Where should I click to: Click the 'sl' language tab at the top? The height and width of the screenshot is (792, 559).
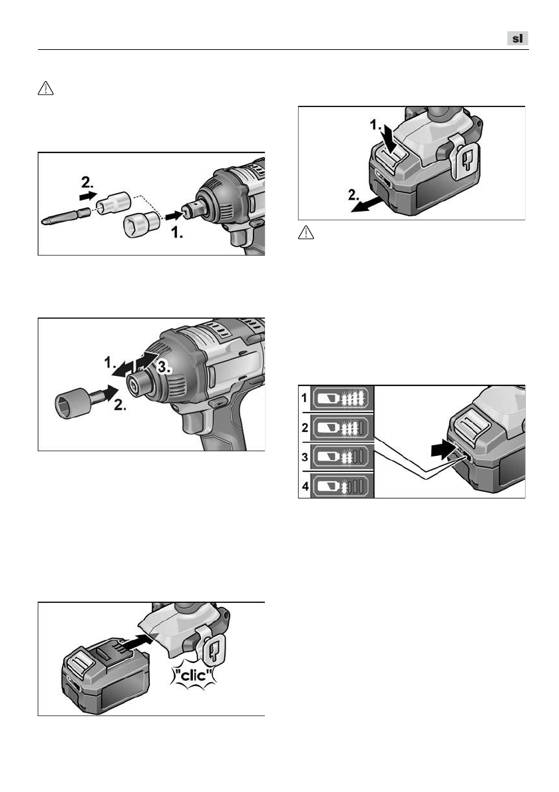pos(518,39)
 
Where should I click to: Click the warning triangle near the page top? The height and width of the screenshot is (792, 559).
pos(45,89)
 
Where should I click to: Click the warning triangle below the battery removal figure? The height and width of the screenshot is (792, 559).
pos(306,232)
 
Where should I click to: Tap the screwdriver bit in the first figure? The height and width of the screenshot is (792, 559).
pos(66,218)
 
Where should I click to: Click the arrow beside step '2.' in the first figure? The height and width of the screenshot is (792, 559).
pos(88,195)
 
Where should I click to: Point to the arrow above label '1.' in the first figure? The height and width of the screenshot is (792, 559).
pos(174,216)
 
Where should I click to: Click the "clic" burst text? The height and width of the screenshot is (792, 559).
pos(194,674)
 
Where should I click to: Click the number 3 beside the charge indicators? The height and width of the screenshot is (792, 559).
pos(305,457)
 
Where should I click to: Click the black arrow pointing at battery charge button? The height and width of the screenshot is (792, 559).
pos(443,449)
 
